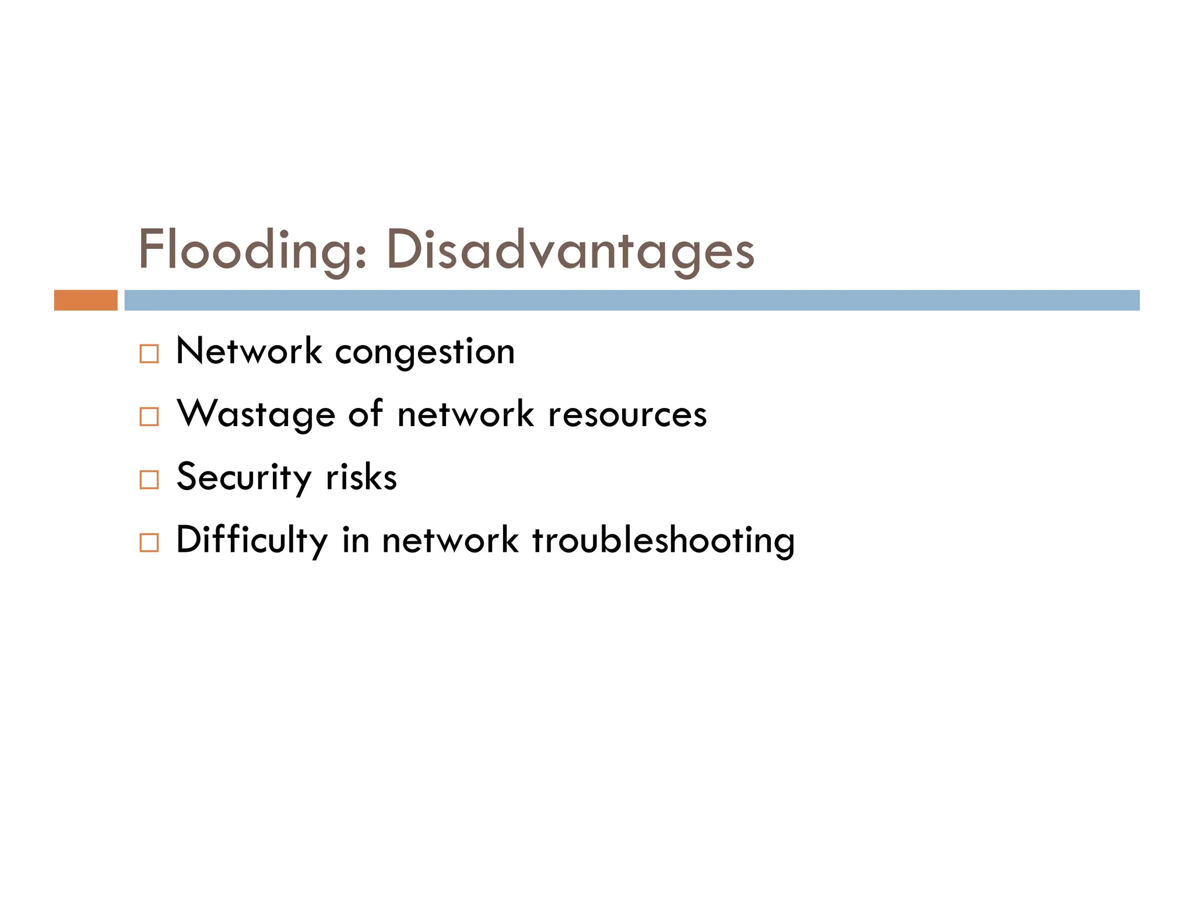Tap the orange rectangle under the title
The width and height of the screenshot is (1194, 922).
(86, 300)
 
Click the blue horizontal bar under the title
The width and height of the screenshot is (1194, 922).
(631, 300)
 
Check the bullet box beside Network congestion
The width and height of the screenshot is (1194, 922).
(149, 354)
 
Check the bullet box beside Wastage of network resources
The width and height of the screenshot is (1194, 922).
(149, 417)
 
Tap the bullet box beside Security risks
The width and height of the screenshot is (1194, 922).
(149, 480)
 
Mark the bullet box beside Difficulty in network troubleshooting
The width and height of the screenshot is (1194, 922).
(149, 543)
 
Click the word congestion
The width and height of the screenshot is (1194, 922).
(425, 353)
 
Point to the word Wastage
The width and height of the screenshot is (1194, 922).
(256, 415)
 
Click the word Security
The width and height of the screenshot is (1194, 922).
(244, 478)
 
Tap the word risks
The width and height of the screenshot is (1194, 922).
(361, 478)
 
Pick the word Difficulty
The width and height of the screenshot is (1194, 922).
(252, 540)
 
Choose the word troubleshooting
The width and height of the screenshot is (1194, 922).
(663, 540)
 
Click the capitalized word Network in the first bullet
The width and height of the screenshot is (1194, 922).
(249, 351)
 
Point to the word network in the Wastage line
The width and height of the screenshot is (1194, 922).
(465, 415)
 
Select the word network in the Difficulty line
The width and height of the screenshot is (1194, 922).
(450, 540)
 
